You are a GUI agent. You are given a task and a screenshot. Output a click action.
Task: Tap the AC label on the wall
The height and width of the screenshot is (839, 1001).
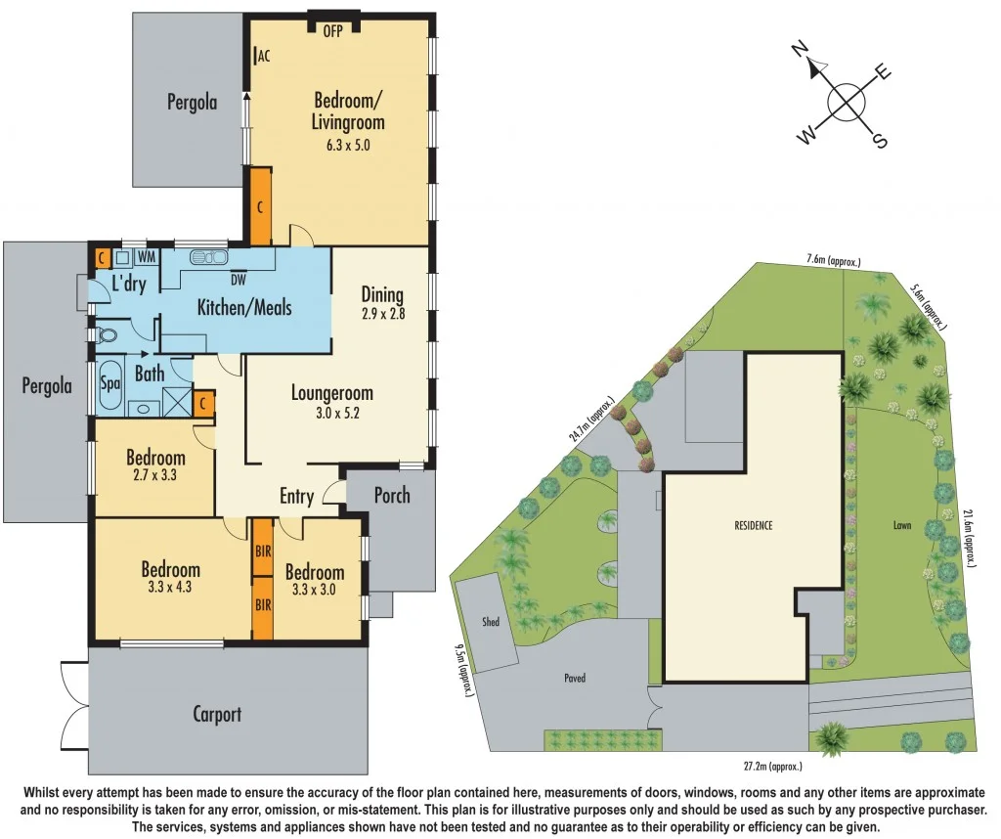(263, 56)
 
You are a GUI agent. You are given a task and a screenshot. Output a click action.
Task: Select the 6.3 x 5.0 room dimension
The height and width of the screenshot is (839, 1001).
(348, 145)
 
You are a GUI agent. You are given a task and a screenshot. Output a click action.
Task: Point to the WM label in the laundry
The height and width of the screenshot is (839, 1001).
(146, 257)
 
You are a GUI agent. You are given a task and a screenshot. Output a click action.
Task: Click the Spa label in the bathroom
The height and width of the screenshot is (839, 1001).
(109, 384)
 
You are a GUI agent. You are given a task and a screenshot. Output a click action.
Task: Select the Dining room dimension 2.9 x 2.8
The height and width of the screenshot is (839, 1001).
(382, 316)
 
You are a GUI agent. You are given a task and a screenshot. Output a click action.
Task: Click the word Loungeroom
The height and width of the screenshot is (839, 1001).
(332, 393)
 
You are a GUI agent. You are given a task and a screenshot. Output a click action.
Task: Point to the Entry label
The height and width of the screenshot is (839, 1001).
(296, 497)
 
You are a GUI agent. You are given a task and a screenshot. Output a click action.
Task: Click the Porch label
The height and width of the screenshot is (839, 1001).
(392, 495)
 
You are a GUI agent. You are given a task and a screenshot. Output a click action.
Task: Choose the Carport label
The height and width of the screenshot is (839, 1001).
(217, 714)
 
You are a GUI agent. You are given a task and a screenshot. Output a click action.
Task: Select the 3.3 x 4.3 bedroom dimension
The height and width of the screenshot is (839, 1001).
(171, 590)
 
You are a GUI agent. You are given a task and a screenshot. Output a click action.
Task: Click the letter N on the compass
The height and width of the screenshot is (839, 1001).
(801, 50)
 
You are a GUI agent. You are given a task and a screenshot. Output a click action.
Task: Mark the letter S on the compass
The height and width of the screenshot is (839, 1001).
(879, 141)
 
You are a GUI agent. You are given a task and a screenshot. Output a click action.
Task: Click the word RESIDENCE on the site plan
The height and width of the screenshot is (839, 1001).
(754, 526)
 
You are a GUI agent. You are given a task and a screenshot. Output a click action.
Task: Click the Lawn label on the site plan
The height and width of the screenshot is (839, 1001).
(901, 526)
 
